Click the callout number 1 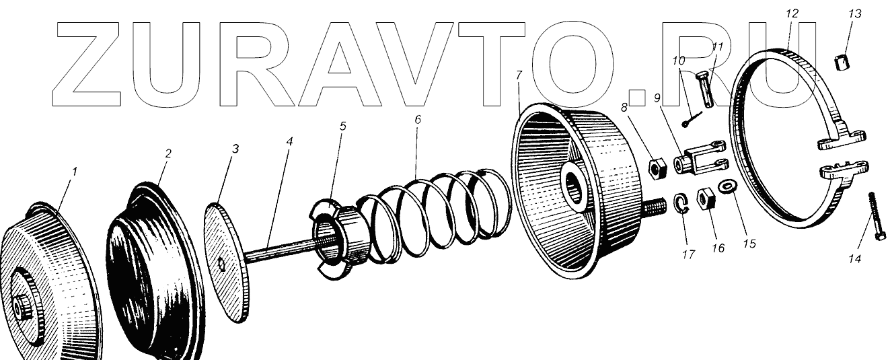coord(75,172)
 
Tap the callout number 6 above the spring coord(417,119)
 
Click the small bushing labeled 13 coord(840,64)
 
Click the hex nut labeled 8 coord(657,166)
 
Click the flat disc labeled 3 coord(225,259)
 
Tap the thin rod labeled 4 coord(276,253)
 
